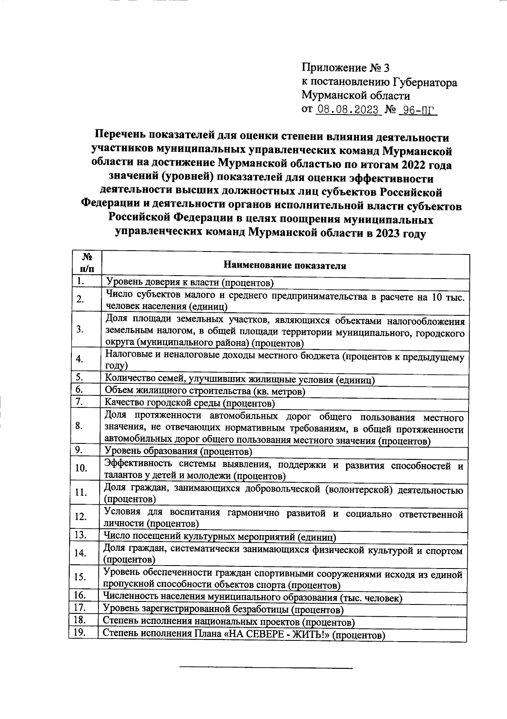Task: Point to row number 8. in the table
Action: click(x=79, y=426)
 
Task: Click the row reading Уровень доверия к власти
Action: click(x=190, y=282)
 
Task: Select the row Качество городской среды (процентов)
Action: click(x=190, y=403)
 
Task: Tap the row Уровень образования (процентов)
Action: click(x=178, y=451)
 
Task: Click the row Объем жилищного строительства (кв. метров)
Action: click(x=205, y=391)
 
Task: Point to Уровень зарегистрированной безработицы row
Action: click(x=224, y=609)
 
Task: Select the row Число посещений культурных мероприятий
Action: click(x=220, y=537)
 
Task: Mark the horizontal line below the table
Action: click(x=266, y=668)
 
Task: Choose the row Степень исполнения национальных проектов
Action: click(x=229, y=622)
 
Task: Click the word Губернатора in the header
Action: click(x=425, y=82)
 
